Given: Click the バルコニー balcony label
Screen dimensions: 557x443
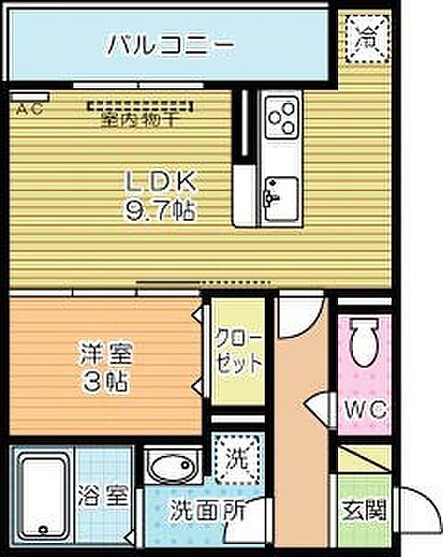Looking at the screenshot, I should click(168, 44).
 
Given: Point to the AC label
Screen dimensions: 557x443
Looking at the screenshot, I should click(25, 110).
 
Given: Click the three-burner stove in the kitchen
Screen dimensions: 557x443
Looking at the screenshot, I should click(282, 119).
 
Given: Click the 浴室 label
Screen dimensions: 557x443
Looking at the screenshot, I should click(105, 498).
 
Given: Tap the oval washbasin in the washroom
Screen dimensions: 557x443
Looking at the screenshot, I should click(171, 468).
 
